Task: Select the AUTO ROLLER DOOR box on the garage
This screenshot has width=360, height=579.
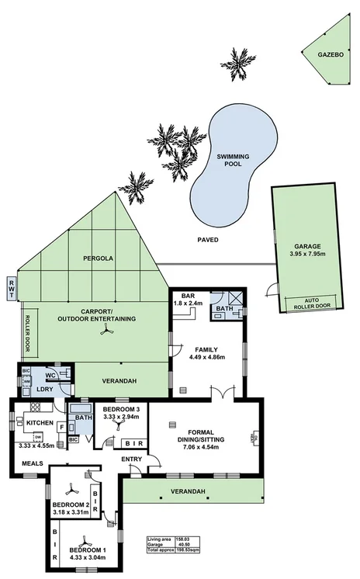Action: (x=312, y=303)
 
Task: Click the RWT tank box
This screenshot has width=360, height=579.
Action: (x=11, y=289)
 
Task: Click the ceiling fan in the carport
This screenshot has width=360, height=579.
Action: (x=103, y=331)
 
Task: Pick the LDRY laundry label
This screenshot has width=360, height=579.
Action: (x=43, y=388)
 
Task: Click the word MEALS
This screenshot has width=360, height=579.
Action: (x=32, y=463)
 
